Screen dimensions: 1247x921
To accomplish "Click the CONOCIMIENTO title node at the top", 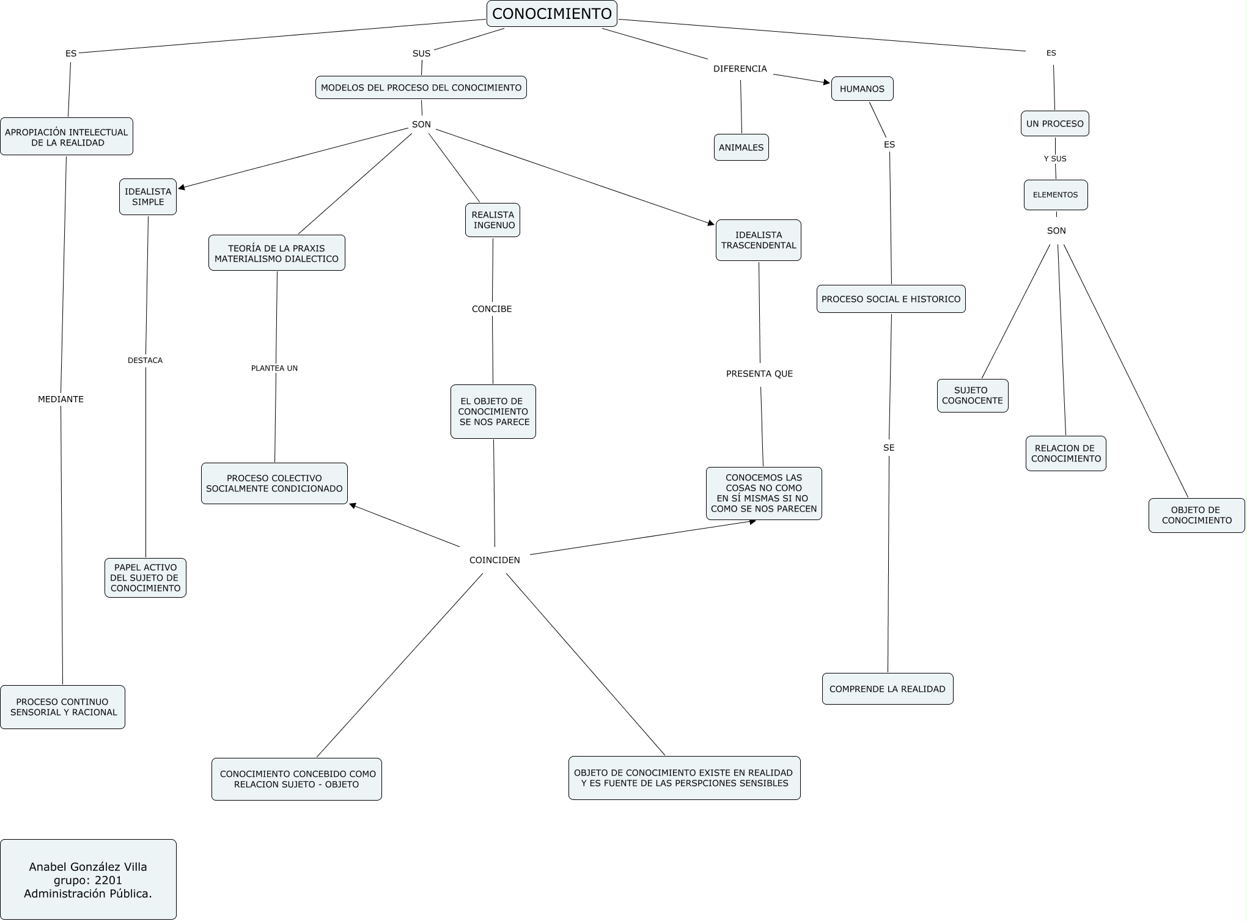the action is click(552, 13).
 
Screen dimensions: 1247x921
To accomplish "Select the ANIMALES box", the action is click(741, 147).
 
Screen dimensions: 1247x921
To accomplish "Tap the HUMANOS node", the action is click(862, 89).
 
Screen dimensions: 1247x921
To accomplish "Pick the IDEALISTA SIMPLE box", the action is click(148, 197).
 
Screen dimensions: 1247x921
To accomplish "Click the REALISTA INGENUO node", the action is click(493, 220).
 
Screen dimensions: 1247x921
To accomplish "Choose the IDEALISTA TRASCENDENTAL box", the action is click(759, 240).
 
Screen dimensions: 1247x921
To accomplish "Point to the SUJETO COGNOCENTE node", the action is click(973, 395).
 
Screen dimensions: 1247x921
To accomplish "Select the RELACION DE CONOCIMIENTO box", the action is click(1066, 453).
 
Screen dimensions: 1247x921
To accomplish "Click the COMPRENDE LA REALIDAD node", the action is click(888, 689).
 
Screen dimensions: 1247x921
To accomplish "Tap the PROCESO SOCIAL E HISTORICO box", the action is click(891, 299).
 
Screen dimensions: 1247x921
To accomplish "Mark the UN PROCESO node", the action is click(1055, 123).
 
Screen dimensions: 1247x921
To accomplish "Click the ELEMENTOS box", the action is click(1056, 195).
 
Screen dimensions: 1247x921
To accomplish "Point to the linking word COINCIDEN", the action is click(495, 560).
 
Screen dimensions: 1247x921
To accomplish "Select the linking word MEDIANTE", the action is click(61, 399).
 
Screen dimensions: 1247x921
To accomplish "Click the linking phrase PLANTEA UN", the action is click(274, 368).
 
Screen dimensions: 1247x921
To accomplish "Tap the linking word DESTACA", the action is click(145, 360).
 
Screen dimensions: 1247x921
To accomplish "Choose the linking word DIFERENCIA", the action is click(740, 68).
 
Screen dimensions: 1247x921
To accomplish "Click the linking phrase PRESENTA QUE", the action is click(759, 373).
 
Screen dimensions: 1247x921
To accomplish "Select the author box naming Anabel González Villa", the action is click(88, 879).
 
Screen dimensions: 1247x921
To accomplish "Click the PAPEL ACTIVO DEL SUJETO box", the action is click(145, 578).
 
